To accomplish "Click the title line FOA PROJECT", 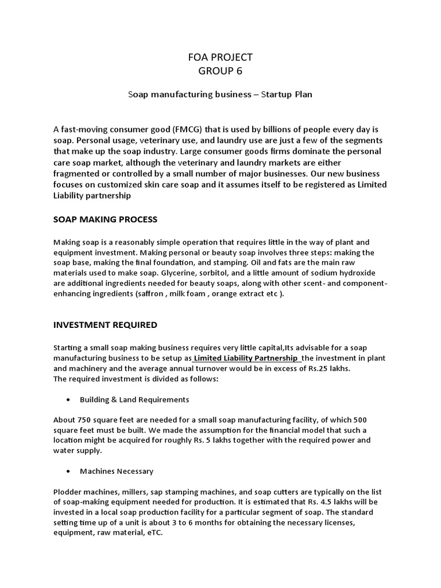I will tap(220, 57).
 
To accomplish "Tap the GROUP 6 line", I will tap(220, 71).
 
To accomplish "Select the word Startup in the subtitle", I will tap(278, 94).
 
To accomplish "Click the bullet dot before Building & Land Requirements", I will tap(69, 400).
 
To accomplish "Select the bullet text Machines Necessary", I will tap(117, 471).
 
